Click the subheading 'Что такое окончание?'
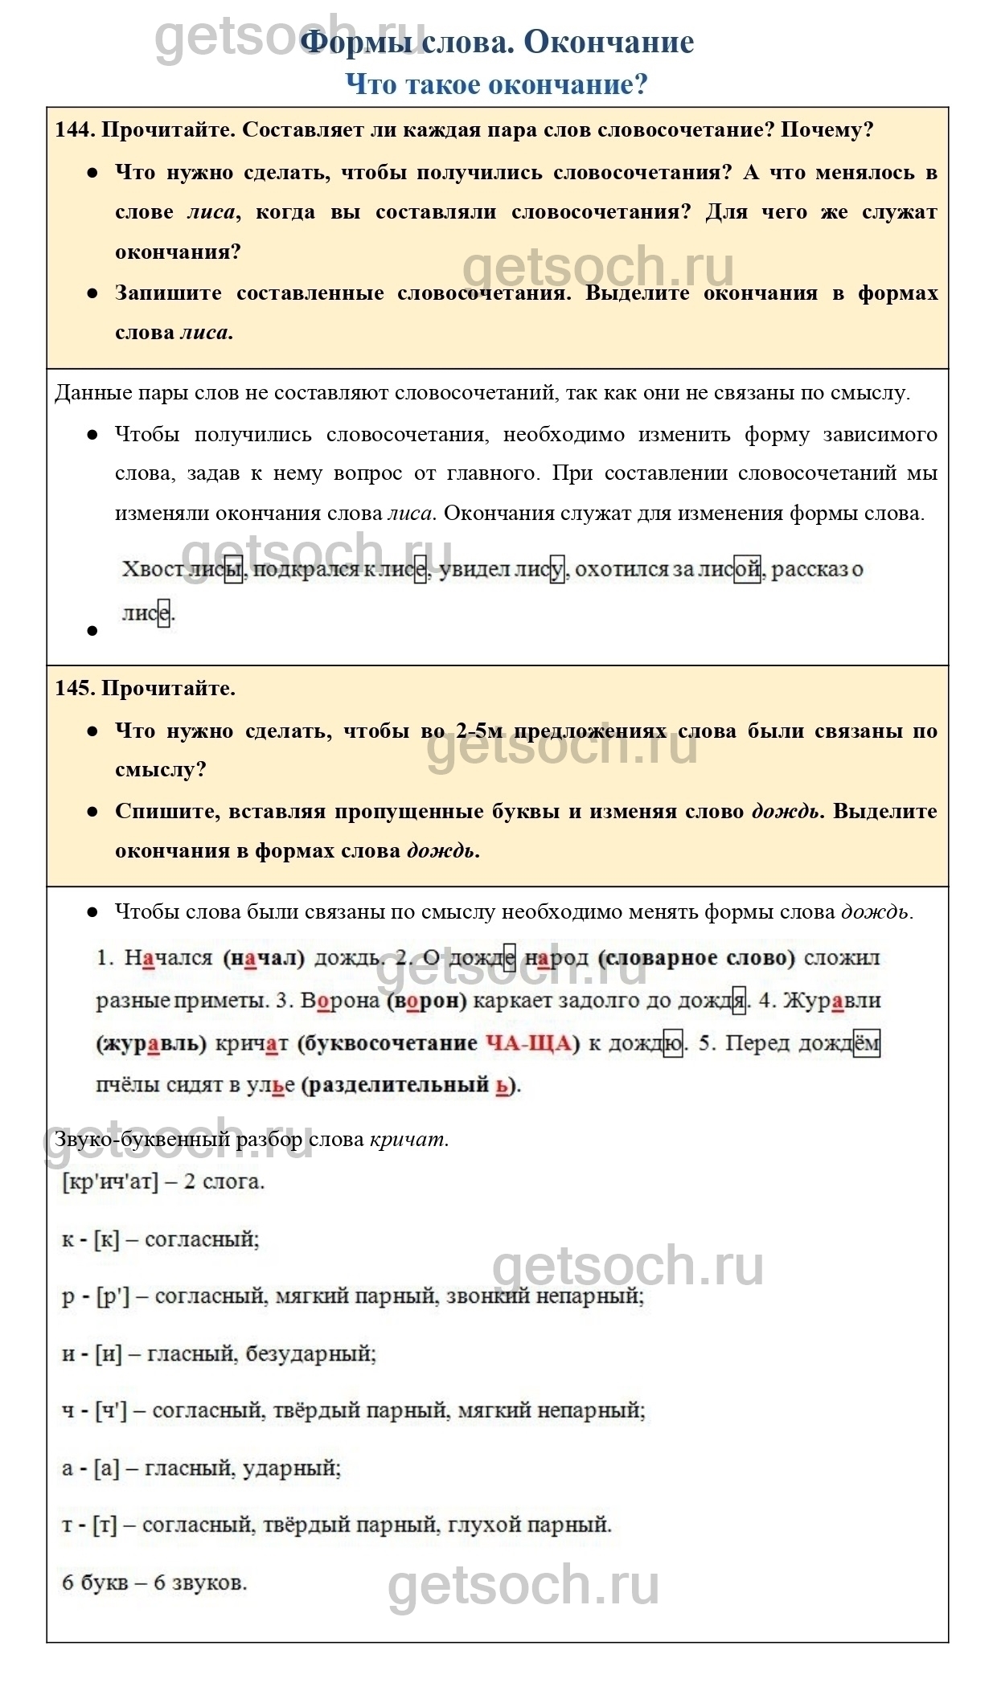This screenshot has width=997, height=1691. click(496, 84)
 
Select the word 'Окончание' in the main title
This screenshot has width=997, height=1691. click(609, 42)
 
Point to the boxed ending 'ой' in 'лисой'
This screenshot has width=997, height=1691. click(747, 570)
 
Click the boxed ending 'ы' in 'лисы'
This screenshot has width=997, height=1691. click(233, 570)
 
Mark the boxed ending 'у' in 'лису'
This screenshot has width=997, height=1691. click(557, 570)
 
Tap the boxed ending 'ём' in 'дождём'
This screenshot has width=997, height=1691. click(866, 1043)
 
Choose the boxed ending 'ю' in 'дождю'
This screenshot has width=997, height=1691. click(673, 1043)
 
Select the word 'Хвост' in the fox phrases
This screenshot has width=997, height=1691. click(153, 570)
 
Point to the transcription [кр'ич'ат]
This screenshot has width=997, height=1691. click(110, 1181)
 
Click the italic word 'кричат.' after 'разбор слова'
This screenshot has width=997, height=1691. click(408, 1139)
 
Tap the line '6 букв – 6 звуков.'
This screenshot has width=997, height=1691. click(154, 1582)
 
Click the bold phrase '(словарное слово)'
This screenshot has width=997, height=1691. click(697, 958)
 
